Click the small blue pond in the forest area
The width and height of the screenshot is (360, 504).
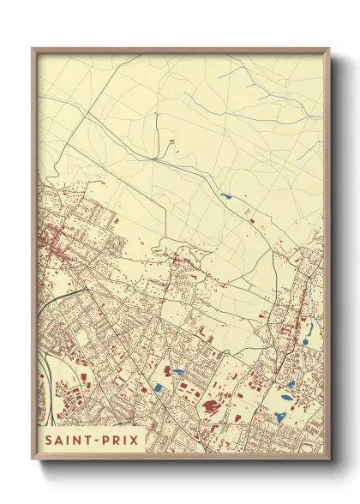225,196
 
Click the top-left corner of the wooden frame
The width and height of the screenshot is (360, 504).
33,50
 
